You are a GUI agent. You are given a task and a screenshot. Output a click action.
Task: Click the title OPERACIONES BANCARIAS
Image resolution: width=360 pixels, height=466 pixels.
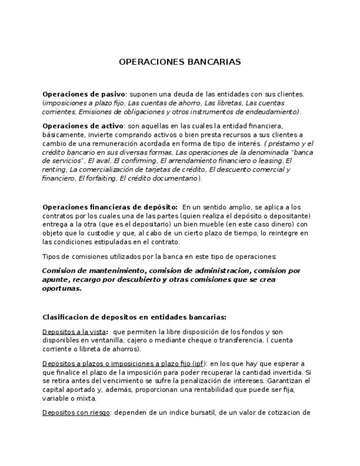tap(180, 62)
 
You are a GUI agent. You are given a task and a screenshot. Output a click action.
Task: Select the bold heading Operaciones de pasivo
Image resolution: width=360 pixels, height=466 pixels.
tap(84, 95)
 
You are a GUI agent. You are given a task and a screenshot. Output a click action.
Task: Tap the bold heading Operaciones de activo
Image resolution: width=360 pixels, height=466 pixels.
tap(82, 126)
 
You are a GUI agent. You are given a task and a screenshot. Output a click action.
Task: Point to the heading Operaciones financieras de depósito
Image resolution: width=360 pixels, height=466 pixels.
tap(110, 207)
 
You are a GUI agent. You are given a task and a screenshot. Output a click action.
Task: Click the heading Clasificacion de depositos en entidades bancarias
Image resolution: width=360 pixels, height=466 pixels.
tap(134, 317)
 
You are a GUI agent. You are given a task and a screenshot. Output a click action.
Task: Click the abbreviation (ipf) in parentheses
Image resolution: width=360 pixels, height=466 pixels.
tap(198, 364)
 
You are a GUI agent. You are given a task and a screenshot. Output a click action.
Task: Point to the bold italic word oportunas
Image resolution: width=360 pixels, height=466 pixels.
tap(62, 289)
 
